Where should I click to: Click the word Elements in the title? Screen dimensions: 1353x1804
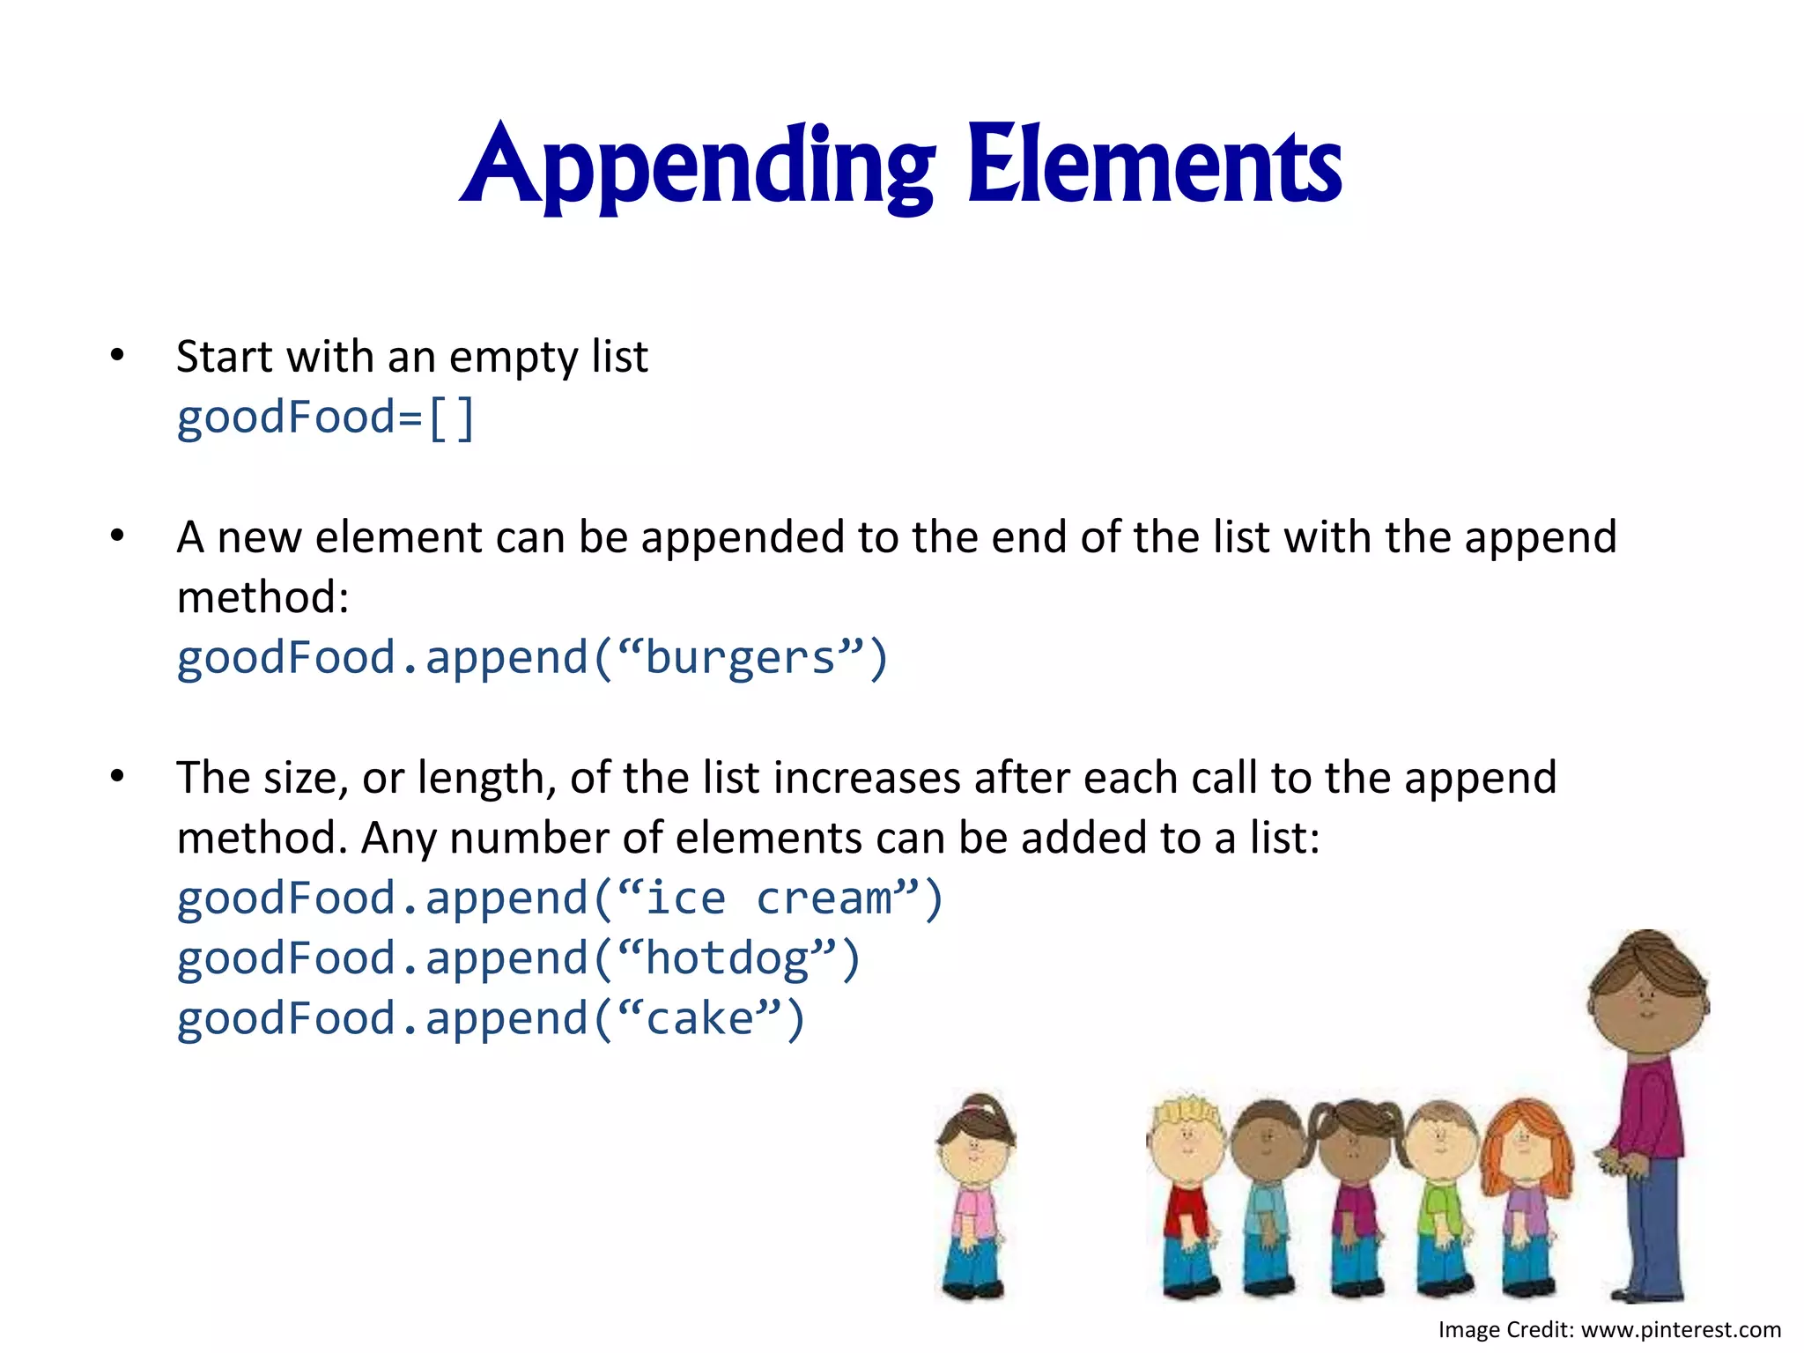click(x=1154, y=167)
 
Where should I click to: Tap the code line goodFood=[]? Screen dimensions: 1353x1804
click(x=325, y=417)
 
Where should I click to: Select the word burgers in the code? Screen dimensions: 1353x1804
click(x=740, y=658)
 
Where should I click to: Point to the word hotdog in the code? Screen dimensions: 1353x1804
click(x=728, y=958)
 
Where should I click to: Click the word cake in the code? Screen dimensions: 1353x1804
click(x=700, y=1018)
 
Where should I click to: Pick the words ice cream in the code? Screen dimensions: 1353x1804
click(x=769, y=898)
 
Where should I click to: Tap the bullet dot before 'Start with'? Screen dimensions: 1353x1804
click(x=117, y=356)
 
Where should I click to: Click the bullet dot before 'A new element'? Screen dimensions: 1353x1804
click(x=117, y=536)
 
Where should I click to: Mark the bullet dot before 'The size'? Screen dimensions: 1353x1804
click(x=117, y=777)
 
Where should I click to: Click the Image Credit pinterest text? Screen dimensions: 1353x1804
click(x=1609, y=1329)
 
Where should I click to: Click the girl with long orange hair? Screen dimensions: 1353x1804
click(x=1527, y=1189)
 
